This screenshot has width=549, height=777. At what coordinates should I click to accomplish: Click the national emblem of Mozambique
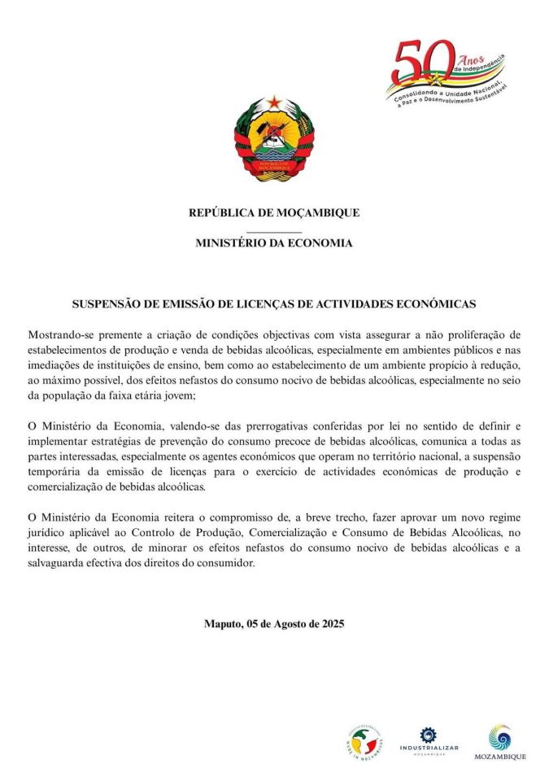point(274,139)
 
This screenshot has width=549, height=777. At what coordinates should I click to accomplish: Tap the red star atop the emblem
point(274,101)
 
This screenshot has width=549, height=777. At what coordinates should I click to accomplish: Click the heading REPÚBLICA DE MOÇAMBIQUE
point(274,213)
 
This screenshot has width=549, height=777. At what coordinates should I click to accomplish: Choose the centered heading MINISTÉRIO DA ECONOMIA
point(274,243)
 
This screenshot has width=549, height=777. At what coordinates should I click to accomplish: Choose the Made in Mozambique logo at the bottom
point(363,739)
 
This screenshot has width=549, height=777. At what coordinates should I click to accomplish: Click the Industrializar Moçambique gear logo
point(428,740)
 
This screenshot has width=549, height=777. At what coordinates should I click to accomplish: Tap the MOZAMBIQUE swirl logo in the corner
point(499,742)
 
